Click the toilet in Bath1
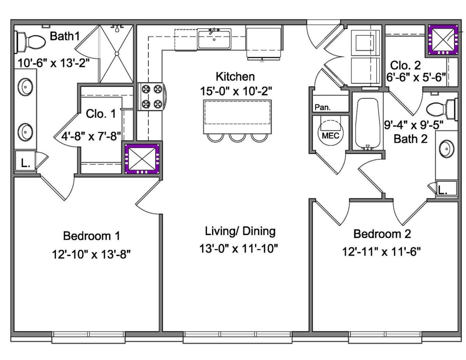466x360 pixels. (x=30, y=42)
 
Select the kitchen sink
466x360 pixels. (x=214, y=39)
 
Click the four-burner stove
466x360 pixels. (x=152, y=97)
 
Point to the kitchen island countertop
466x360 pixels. (x=237, y=117)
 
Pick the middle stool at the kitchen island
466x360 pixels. (x=237, y=137)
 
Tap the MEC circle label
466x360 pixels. (x=330, y=136)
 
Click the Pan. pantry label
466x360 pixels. (x=323, y=107)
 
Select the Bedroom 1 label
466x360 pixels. (x=92, y=236)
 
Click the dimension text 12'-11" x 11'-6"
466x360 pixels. (x=381, y=252)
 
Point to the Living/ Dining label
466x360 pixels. (x=240, y=231)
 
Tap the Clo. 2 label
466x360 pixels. (x=405, y=65)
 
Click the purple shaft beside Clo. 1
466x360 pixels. (x=142, y=159)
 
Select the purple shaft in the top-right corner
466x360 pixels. (x=443, y=40)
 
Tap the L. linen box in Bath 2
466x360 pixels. (x=447, y=188)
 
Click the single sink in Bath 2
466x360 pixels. (x=447, y=149)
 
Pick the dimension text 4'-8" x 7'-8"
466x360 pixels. (x=91, y=136)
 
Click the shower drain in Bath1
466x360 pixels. (x=117, y=54)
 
